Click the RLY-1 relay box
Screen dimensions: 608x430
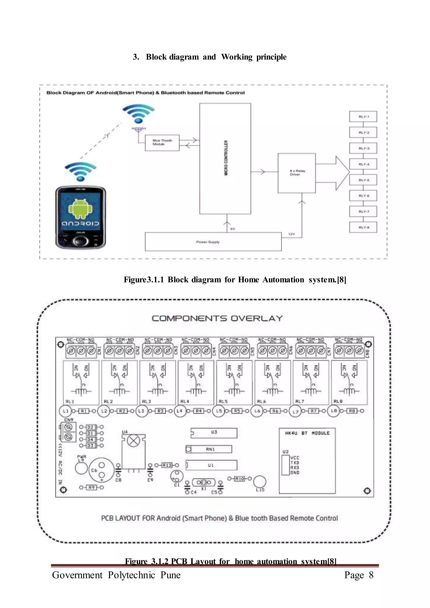[x=363, y=117]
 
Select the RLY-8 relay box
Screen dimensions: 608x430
[x=363, y=227]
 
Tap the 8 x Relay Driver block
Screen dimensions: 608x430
[x=296, y=173]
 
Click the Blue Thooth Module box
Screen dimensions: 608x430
[x=162, y=143]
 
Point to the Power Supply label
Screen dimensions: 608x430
[x=208, y=242]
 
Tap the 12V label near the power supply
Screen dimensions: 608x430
[x=291, y=234]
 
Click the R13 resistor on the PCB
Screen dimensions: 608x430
[x=167, y=465]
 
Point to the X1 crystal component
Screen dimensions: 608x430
[x=203, y=482]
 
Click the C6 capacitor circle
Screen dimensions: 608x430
[x=101, y=470]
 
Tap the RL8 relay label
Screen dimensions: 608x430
[x=338, y=401]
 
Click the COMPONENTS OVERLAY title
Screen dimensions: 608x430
[x=217, y=318]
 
